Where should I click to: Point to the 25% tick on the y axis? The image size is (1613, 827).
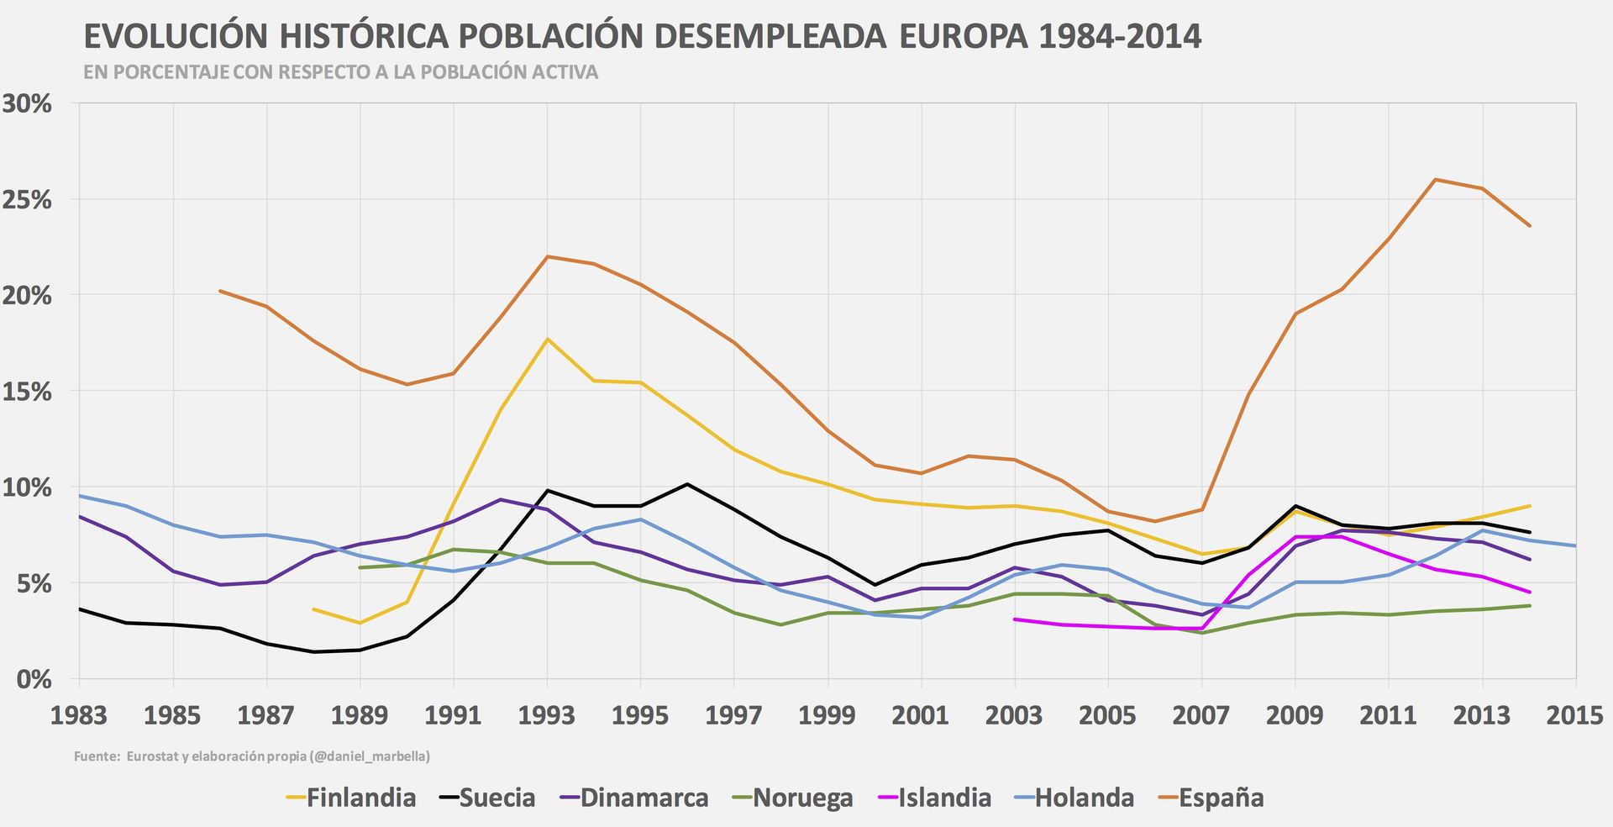tap(27, 200)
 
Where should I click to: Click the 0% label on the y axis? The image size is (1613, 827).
tap(34, 679)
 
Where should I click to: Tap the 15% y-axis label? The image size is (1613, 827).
tap(27, 392)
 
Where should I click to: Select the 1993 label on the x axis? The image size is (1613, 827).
tap(547, 715)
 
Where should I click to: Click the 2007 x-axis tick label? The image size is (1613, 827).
tap(1201, 715)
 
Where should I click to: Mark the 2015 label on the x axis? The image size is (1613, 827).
tap(1575, 715)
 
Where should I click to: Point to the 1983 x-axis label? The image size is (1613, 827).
tap(79, 715)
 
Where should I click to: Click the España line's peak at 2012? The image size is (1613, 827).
tap(1436, 179)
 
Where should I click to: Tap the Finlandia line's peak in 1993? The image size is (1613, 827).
tap(548, 339)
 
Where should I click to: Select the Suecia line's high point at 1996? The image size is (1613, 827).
tap(687, 484)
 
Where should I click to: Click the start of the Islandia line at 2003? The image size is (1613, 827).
tap(1015, 619)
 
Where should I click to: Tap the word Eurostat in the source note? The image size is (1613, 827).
tap(152, 756)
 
